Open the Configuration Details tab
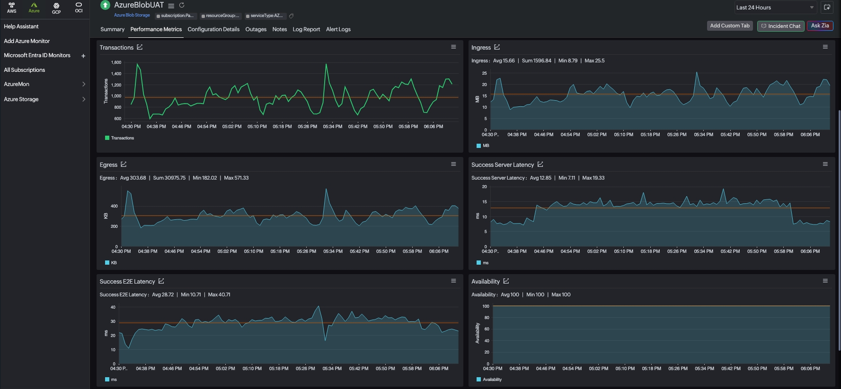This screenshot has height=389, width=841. [213, 29]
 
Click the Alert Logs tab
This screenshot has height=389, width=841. [338, 29]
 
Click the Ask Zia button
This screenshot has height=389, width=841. [820, 26]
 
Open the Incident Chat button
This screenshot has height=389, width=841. [780, 26]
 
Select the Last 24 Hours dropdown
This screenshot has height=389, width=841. [775, 8]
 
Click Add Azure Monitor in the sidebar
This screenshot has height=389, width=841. [27, 41]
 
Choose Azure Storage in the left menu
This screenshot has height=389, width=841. [21, 99]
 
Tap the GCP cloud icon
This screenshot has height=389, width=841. [56, 8]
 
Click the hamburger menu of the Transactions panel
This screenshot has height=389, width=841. [453, 47]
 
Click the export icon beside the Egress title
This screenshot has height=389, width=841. [124, 164]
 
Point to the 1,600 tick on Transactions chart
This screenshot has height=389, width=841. [116, 62]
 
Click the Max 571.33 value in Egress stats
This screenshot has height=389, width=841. [236, 178]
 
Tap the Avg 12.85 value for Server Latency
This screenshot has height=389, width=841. [540, 178]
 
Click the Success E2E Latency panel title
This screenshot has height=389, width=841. [127, 282]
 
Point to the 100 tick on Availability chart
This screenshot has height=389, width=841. [486, 306]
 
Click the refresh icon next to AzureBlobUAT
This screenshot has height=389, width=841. [181, 5]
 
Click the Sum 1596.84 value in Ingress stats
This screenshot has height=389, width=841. [536, 61]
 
